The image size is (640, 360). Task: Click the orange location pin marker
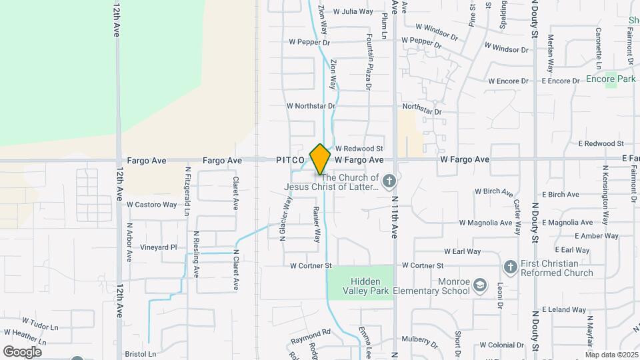point(321,159)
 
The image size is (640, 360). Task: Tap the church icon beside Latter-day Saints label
point(390,180)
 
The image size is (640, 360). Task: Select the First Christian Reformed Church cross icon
point(511,267)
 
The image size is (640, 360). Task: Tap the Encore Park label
point(611,79)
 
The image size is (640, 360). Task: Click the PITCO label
point(291,161)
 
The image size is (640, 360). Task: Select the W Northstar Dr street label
point(311,105)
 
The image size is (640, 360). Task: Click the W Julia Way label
point(353,11)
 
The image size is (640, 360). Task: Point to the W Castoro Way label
point(151,205)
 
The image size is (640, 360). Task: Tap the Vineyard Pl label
point(158,247)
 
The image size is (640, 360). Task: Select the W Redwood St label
point(359,148)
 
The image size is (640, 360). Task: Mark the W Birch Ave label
point(493,191)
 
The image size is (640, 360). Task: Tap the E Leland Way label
point(564,310)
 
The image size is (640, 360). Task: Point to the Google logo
point(22,352)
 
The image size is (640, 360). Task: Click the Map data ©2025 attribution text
point(611,355)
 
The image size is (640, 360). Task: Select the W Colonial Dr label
point(502,345)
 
